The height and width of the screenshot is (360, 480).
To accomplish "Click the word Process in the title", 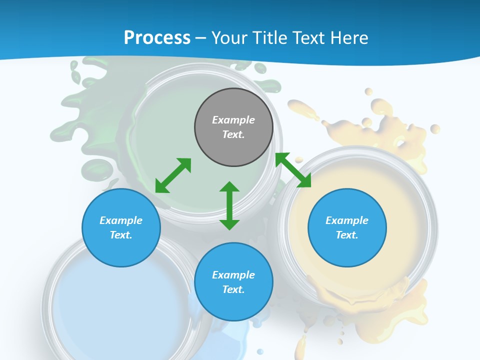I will coord(157,38).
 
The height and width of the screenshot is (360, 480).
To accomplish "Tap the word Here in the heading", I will coord(347,38).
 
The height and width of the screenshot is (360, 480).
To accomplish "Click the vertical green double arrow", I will coord(229,205).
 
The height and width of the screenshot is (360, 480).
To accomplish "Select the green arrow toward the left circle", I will coord(173,175).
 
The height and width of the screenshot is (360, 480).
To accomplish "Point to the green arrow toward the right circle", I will coord(293,170).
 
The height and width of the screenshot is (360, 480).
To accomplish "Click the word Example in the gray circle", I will coord(233,120).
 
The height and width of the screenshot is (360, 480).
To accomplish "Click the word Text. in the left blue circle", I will coord(121,235).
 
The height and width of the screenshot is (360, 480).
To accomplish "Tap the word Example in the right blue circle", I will coord(347,220).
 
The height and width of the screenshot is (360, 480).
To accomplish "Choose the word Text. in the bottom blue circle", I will coord(233,289).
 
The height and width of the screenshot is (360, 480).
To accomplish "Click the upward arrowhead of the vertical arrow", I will coord(229,187).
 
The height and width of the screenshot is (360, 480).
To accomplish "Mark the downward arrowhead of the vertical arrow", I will coord(229,224).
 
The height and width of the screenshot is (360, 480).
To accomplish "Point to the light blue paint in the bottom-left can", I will coord(100,310).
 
